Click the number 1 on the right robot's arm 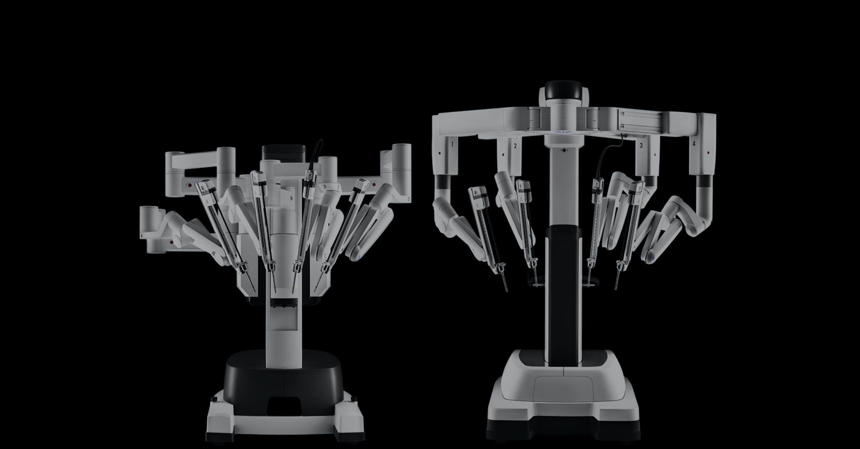pyautogui.click(x=452, y=144)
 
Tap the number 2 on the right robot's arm pyautogui.click(x=515, y=146)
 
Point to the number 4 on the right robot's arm pyautogui.click(x=694, y=144)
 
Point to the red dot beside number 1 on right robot pyautogui.click(x=439, y=152)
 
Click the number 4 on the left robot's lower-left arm pyautogui.click(x=141, y=235)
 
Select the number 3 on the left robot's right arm pyautogui.click(x=408, y=199)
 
